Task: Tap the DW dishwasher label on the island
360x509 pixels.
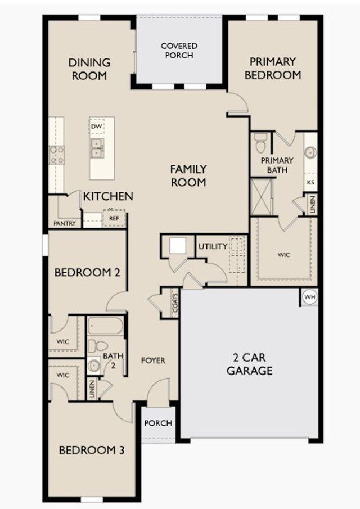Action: [x=97, y=127]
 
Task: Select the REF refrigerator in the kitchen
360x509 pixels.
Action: [x=114, y=218]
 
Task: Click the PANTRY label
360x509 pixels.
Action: [x=65, y=223]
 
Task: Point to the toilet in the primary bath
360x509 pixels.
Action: [x=260, y=143]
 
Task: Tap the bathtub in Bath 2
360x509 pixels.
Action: [x=105, y=326]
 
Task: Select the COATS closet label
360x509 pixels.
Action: [x=175, y=304]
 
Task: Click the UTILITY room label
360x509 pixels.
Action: [x=213, y=246]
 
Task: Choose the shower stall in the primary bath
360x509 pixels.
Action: [x=261, y=196]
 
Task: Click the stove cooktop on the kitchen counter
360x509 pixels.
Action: [x=57, y=154]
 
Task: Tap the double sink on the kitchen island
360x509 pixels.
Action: [x=97, y=148]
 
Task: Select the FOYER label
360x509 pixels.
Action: [x=153, y=360]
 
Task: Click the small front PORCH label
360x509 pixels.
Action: [x=158, y=424]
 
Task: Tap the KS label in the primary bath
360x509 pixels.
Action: [x=310, y=182]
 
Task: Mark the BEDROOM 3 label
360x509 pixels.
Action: [x=92, y=451]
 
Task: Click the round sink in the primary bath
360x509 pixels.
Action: [x=310, y=152]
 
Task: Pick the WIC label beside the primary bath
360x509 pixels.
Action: [x=284, y=255]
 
